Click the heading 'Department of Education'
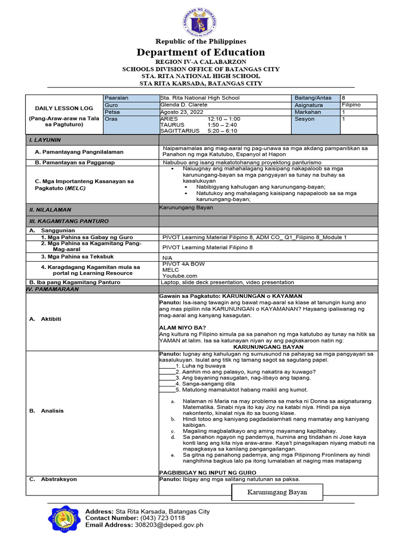[x=200, y=52]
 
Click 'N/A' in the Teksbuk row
[x=167, y=258]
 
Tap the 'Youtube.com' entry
[x=180, y=275]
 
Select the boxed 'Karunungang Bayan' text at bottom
[x=277, y=492]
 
